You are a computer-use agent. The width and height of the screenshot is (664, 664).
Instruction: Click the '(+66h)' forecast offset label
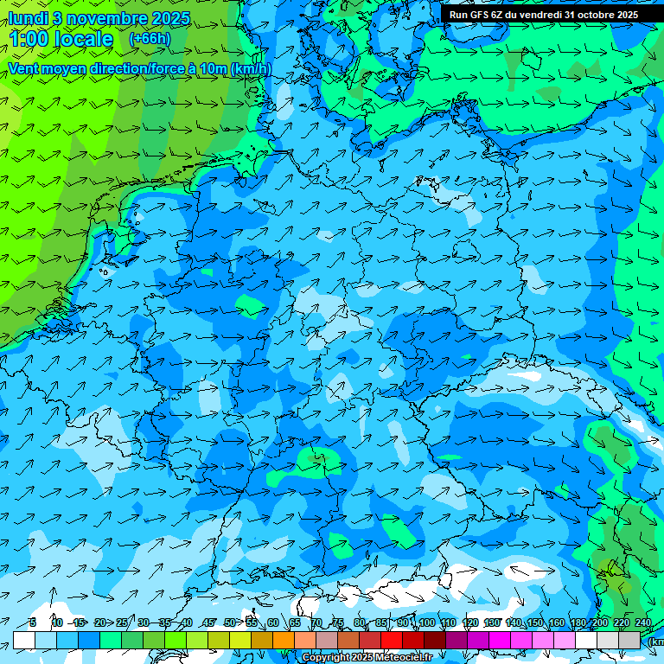coord(150,39)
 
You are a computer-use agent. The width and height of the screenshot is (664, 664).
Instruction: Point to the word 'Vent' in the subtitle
coord(25,68)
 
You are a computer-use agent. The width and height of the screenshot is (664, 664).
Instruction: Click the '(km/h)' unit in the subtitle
coord(251,68)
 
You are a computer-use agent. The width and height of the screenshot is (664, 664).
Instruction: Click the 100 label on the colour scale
coord(426,622)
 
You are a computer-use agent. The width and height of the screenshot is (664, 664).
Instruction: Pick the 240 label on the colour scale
coord(643,622)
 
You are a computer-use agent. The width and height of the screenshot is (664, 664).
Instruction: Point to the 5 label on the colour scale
coord(33,622)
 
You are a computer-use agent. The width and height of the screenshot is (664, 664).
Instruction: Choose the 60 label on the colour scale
coord(273,622)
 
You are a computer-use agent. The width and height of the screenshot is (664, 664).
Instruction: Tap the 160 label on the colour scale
coord(556,622)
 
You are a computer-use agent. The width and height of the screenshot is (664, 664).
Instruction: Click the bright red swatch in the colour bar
coord(392,640)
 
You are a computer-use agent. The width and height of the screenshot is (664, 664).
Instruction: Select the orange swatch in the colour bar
coord(284,640)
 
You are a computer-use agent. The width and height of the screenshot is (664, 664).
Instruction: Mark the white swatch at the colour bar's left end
coord(24,640)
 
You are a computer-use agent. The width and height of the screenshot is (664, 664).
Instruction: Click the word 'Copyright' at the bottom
coord(325,658)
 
